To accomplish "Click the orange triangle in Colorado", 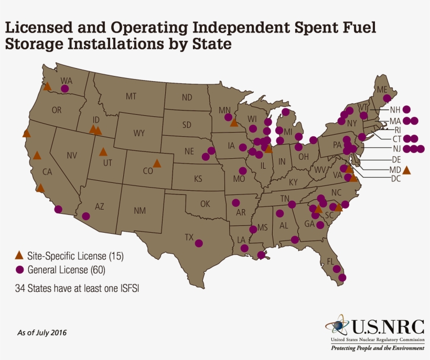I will pyautogui.click(x=157, y=163).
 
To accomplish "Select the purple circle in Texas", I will pyautogui.click(x=199, y=243).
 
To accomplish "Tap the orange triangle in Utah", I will pyautogui.click(x=103, y=152).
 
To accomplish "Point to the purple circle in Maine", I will pyautogui.click(x=386, y=98).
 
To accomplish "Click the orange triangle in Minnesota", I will pyautogui.click(x=234, y=123).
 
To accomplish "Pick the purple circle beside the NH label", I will pyautogui.click(x=406, y=110).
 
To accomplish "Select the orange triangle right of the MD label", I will pyautogui.click(x=406, y=170).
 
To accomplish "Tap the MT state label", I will pyautogui.click(x=131, y=96).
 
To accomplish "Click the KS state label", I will pyautogui.click(x=198, y=179).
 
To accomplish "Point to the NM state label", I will pyautogui.click(x=139, y=211).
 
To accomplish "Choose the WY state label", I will pyautogui.click(x=138, y=133).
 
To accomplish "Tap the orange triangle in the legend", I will pyautogui.click(x=19, y=256).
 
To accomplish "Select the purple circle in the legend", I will pyautogui.click(x=19, y=270).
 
